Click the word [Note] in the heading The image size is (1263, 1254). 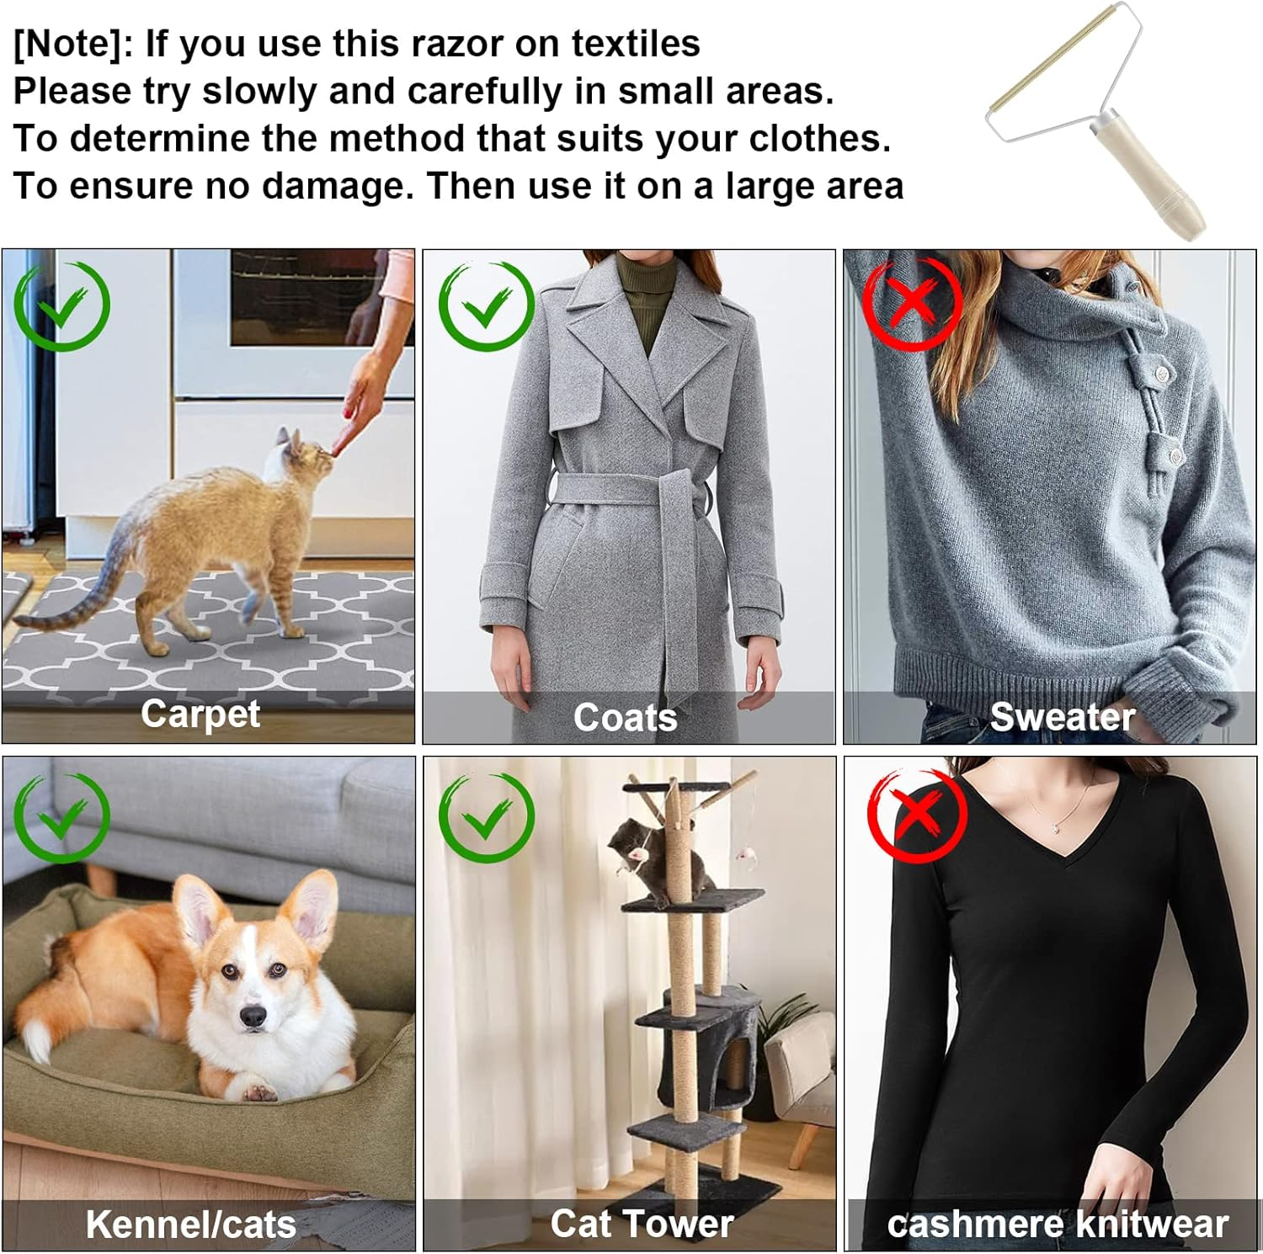click(68, 45)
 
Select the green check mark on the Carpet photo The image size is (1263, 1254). click(62, 306)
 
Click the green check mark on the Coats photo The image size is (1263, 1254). click(487, 306)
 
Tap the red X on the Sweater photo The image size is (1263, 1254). click(913, 304)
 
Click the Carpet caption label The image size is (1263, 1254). click(200, 715)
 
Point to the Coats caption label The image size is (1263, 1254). click(626, 718)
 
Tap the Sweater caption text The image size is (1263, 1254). click(1063, 717)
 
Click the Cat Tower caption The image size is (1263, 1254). click(642, 1224)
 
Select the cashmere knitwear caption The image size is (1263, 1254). click(1058, 1225)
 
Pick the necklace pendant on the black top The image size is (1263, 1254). click(1055, 829)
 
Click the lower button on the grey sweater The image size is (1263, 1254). click(1175, 455)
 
